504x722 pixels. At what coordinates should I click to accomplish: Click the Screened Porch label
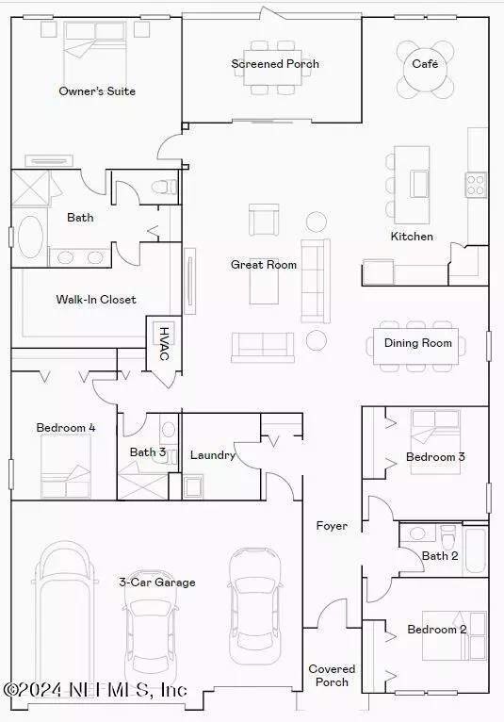275,63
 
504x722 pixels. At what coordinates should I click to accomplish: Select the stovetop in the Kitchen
476,185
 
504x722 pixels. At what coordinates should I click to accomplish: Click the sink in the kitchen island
420,183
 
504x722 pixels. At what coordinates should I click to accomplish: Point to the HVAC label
164,343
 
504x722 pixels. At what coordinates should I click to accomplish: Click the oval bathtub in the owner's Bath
30,238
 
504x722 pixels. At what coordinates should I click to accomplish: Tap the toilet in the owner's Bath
164,187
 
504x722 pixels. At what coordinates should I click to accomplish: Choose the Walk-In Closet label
96,300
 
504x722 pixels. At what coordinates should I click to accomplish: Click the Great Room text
264,264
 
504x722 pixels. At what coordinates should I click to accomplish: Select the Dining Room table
416,346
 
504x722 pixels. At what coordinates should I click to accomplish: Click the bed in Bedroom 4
65,466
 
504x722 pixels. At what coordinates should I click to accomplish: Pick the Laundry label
213,455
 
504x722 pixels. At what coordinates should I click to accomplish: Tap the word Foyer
332,525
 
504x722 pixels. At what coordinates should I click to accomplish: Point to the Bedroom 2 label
437,629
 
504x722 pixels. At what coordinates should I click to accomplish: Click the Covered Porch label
332,675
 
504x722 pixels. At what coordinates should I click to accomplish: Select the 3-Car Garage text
157,582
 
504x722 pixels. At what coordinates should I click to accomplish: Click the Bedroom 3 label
435,457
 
